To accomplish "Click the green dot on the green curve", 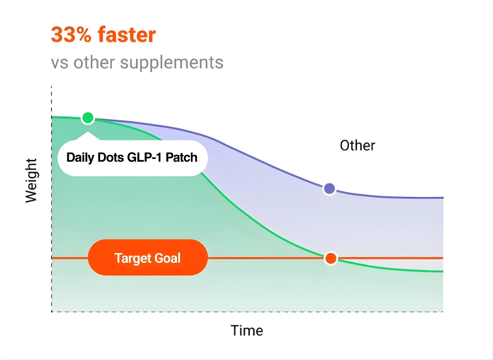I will [x=88, y=118].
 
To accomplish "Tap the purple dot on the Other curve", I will [x=329, y=189].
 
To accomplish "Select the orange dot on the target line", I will [x=331, y=258].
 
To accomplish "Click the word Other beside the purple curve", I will [x=357, y=146].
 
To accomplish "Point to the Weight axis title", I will [x=31, y=180].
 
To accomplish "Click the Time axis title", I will [x=247, y=331].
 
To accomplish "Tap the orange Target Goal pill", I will [x=148, y=257].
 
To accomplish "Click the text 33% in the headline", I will [x=70, y=35].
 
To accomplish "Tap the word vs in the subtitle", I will [x=60, y=63].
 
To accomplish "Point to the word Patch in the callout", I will [x=182, y=157].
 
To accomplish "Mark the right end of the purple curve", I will [x=442, y=198].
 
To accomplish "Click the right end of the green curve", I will [x=442, y=271].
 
